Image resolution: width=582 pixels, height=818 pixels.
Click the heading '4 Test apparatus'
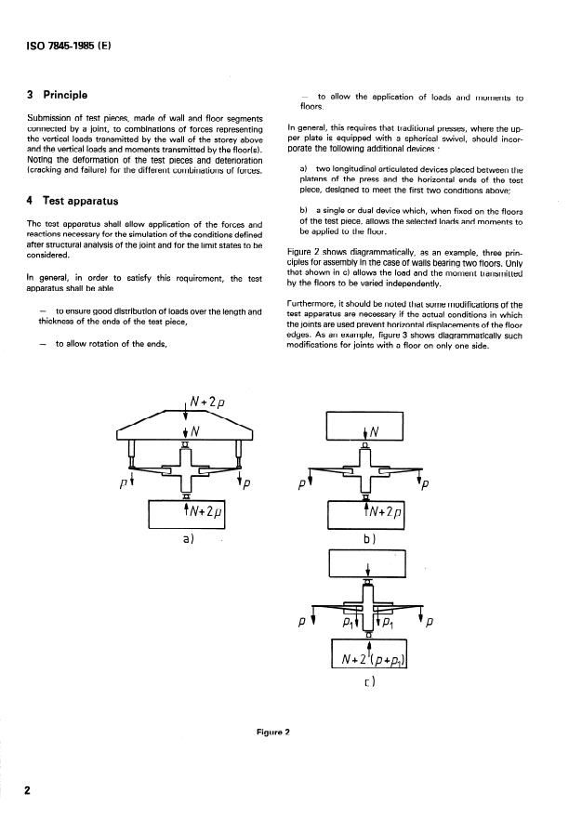pyautogui.click(x=74, y=200)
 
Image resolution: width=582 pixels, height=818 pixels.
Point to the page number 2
pyautogui.click(x=28, y=790)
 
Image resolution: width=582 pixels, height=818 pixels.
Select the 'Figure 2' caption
pyautogui.click(x=273, y=732)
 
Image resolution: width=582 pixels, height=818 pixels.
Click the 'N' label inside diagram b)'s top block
pyautogui.click(x=375, y=431)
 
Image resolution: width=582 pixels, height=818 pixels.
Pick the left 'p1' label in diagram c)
pyautogui.click(x=348, y=621)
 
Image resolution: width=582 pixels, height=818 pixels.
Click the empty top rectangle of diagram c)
pyautogui.click(x=368, y=564)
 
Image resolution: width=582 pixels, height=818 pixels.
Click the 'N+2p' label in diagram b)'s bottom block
pyautogui.click(x=383, y=512)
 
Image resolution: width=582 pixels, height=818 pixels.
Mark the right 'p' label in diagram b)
pyautogui.click(x=425, y=484)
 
